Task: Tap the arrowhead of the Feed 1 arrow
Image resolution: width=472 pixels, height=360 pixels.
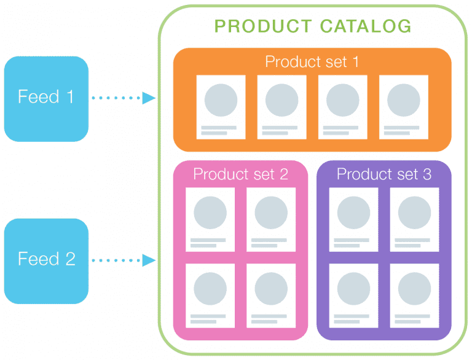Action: pyautogui.click(x=149, y=98)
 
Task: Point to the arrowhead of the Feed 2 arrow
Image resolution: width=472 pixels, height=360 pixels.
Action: pyautogui.click(x=149, y=260)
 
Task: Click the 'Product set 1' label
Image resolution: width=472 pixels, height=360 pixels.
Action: pyautogui.click(x=312, y=62)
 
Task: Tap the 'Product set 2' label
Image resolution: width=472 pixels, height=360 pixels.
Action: pyautogui.click(x=240, y=174)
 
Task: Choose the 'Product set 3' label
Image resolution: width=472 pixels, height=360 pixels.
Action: pyautogui.click(x=383, y=174)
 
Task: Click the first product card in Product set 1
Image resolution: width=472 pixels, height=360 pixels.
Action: pyautogui.click(x=221, y=107)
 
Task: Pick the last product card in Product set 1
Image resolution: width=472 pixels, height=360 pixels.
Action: pyautogui.click(x=403, y=107)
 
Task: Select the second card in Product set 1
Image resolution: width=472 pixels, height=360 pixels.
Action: pyautogui.click(x=281, y=107)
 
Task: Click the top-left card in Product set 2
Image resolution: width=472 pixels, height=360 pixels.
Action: pyautogui.click(x=210, y=219)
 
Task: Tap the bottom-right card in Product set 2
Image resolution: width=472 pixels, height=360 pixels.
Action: pyautogui.click(x=271, y=295)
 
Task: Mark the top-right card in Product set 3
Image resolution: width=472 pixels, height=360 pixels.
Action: pyautogui.click(x=414, y=219)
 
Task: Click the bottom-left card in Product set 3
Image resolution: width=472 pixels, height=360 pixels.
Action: pyautogui.click(x=353, y=295)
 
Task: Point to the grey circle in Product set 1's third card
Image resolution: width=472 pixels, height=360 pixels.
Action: pyautogui.click(x=342, y=100)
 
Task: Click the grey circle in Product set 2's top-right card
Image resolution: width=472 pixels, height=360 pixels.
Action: pyautogui.click(x=271, y=213)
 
